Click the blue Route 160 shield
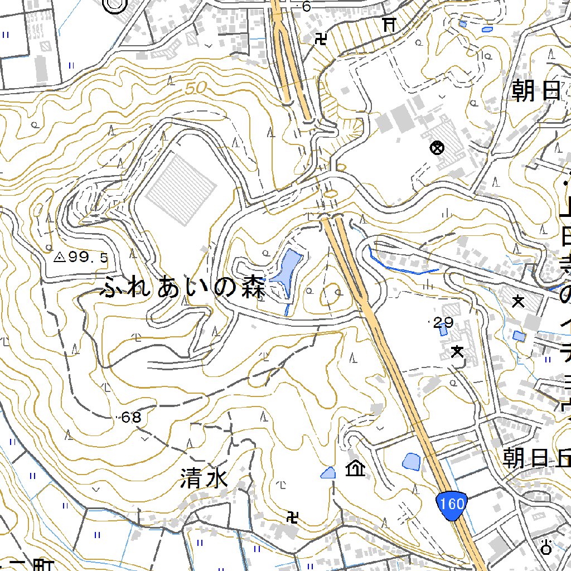tap(451, 504)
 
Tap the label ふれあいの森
tap(182, 288)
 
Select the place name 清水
tap(204, 478)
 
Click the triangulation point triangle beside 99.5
tap(59, 257)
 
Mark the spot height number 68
tap(132, 417)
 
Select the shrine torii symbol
tap(389, 24)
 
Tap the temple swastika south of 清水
tap(292, 517)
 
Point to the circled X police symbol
tap(437, 148)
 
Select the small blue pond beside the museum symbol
tap(329, 473)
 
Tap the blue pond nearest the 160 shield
tap(412, 461)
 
